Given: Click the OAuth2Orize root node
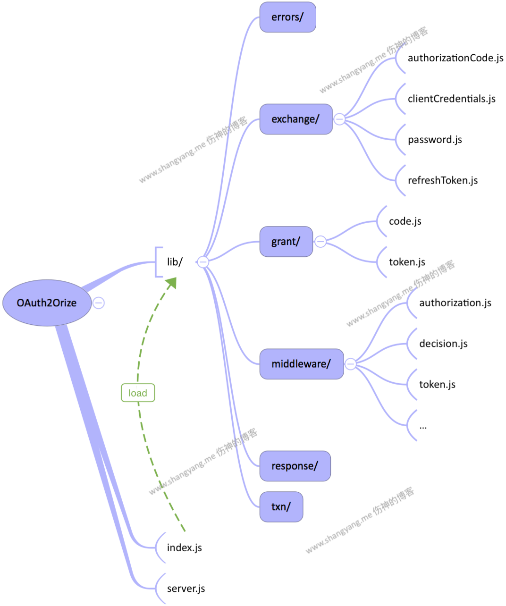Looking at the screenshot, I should (x=46, y=303).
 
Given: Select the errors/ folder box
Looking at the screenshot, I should (x=287, y=17).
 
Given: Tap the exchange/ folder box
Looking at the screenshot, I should (x=295, y=119).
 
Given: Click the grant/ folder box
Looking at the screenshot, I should (x=286, y=242).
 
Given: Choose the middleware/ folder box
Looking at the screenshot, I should (x=301, y=364).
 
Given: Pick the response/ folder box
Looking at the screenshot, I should (x=295, y=466).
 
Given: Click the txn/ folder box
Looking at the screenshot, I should (x=281, y=507).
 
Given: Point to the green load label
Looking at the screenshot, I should (x=138, y=393).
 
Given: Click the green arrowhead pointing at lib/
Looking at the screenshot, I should (x=171, y=283).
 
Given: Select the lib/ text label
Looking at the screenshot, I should (x=175, y=262).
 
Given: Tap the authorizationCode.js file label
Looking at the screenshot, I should (x=455, y=58).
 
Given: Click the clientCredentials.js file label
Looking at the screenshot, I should (x=451, y=99).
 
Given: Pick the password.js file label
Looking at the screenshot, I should (x=434, y=140).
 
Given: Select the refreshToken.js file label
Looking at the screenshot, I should (x=442, y=180).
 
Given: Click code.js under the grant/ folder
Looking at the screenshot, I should (x=405, y=221).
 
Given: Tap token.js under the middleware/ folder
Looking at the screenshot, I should (x=437, y=385).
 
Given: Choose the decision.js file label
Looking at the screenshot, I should (x=443, y=344).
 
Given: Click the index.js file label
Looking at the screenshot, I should (x=184, y=548).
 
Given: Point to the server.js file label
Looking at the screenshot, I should (x=186, y=589).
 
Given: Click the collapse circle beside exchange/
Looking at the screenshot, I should (x=339, y=119).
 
